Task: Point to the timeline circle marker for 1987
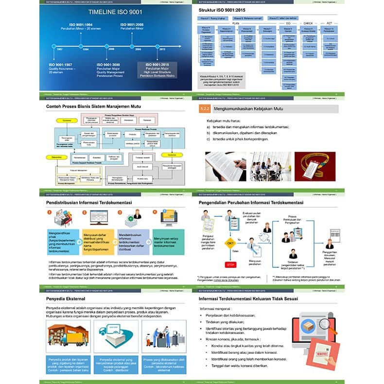coord(54,47)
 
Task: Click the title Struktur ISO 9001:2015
coord(228,10)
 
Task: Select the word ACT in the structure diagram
coord(329,23)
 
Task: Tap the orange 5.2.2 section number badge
coord(204,109)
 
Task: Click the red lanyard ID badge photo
coord(314,166)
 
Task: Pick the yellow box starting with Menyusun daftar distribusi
coord(99,242)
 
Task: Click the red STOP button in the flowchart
coord(230,264)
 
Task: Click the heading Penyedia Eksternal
coord(66,298)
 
